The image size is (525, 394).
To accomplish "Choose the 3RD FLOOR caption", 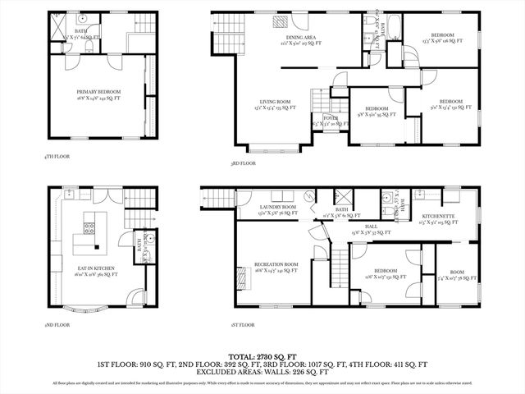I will pos(244,164).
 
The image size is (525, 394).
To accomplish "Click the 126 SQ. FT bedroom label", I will pos(442,37).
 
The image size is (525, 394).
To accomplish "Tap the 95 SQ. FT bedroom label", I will pos(377,110).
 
